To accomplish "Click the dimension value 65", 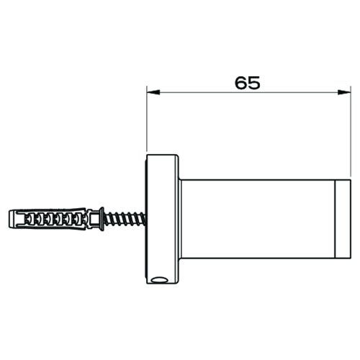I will click(247, 82).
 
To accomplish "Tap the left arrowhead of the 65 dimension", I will click(150, 91).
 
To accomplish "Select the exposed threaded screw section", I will click(125, 217).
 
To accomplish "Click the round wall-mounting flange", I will click(163, 220).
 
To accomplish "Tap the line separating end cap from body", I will click(336, 220).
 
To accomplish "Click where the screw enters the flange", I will click(145, 217).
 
